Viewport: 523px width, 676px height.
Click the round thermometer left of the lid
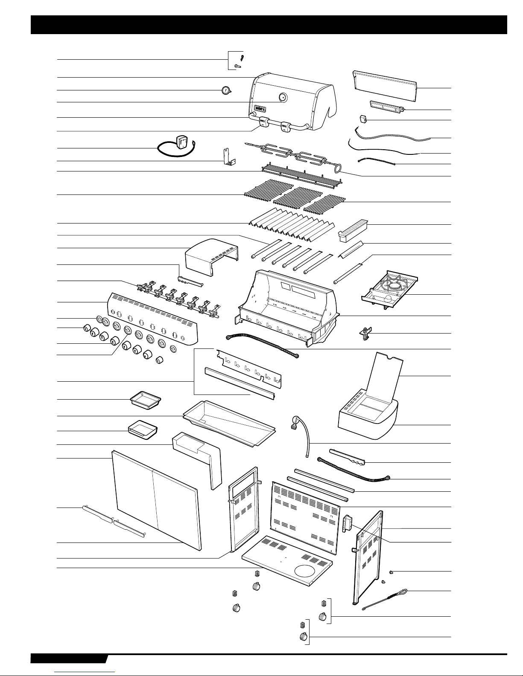tap(226, 90)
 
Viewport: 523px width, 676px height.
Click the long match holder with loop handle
tap(384, 598)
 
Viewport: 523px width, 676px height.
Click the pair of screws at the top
tap(239, 61)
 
